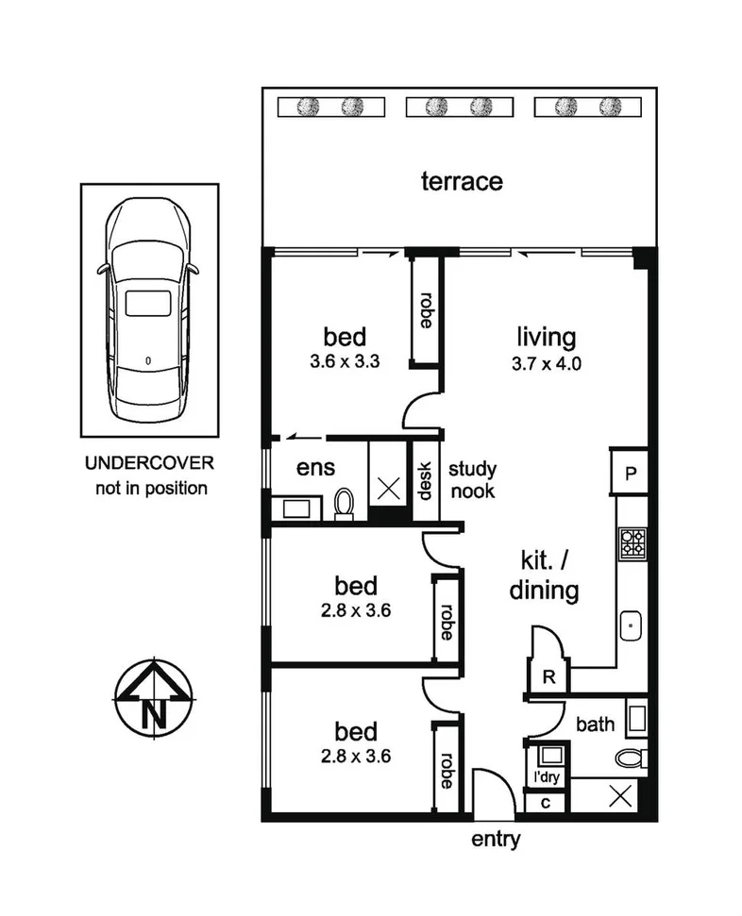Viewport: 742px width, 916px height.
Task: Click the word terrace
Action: (461, 181)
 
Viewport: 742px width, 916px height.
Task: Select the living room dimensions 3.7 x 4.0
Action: (546, 361)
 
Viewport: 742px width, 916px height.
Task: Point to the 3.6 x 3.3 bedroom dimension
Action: (344, 361)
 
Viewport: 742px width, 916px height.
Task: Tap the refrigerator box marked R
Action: (547, 676)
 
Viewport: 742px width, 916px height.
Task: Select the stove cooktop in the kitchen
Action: (632, 541)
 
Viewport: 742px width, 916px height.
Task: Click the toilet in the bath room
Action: (631, 757)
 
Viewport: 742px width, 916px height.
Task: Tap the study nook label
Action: (472, 479)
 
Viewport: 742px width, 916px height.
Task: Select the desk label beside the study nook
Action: (426, 480)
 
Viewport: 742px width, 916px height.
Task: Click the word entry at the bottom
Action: (495, 841)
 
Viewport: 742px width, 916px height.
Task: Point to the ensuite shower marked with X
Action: (387, 488)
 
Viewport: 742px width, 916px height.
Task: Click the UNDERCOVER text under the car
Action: (149, 464)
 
